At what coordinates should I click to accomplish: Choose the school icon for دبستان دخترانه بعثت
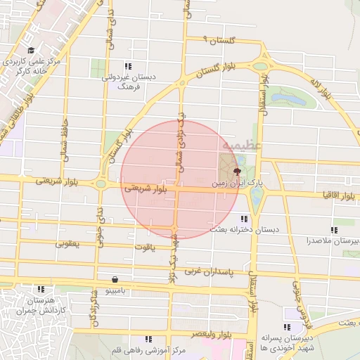[x=244, y=219]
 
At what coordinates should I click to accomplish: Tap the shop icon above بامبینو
[x=115, y=279]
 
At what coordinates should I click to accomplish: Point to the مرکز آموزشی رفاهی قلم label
[x=148, y=349]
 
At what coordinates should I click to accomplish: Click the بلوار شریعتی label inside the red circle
[x=146, y=188]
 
